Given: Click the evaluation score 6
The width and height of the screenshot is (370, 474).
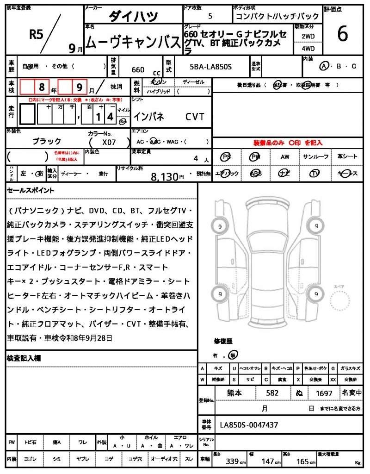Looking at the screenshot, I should pyautogui.click(x=343, y=34).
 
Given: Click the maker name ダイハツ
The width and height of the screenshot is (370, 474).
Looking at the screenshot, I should pyautogui.click(x=133, y=16).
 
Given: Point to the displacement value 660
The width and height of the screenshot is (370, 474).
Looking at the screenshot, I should pyautogui.click(x=138, y=70).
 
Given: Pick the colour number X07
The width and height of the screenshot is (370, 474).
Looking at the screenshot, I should pyautogui.click(x=109, y=143).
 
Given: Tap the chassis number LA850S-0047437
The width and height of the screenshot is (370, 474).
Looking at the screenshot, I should pyautogui.click(x=249, y=424).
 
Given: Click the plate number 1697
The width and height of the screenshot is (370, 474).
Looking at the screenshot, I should pyautogui.click(x=324, y=393).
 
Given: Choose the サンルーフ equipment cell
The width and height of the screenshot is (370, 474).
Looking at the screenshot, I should pyautogui.click(x=316, y=157).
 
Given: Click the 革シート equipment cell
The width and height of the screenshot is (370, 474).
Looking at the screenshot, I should pyautogui.click(x=347, y=157).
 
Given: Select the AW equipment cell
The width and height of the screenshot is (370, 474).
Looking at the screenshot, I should pyautogui.click(x=285, y=157).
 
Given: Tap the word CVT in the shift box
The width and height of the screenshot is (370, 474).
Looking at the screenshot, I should pyautogui.click(x=195, y=117).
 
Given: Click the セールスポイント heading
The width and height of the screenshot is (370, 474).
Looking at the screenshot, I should pyautogui.click(x=30, y=190).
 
